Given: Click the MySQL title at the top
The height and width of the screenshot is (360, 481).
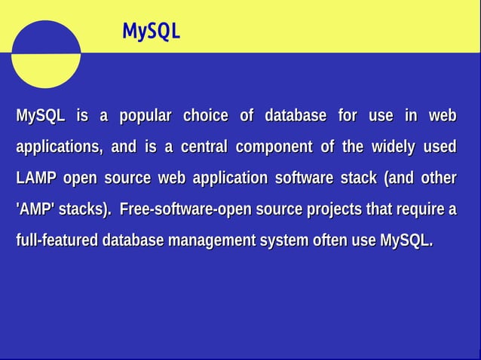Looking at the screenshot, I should coord(151,31).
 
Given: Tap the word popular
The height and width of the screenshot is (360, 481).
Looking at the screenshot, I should coord(146,116).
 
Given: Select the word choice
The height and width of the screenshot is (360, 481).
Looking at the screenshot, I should coord(205,116).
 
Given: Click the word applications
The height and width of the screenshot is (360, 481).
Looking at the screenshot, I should coord(59,148).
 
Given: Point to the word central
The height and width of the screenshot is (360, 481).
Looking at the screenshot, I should coord(204,147).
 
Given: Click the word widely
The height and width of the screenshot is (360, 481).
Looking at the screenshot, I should coord(393,147).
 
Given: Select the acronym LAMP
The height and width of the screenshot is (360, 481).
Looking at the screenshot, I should coord(36,178).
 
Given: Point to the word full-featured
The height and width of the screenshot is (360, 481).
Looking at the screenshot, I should coord(57,241).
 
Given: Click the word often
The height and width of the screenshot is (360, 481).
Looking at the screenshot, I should coord(354,241).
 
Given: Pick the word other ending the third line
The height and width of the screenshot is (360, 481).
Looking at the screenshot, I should coord(438,178).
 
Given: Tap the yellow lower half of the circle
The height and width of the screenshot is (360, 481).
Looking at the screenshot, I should coord(46,74).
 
